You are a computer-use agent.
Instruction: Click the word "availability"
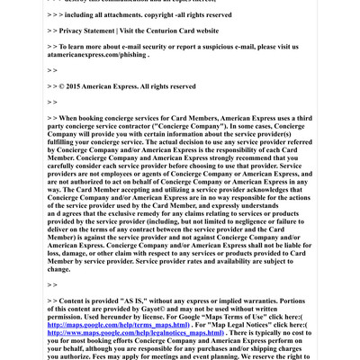243,261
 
